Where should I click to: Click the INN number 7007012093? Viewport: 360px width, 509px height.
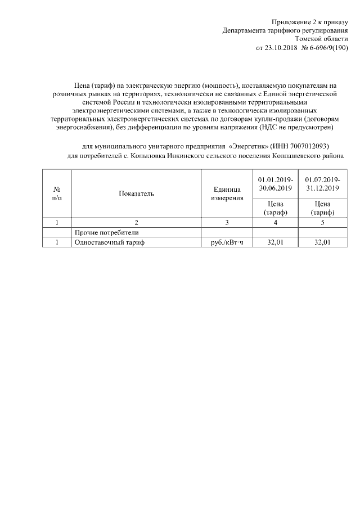[304, 145]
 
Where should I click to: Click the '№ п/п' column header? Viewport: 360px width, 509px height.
[57, 193]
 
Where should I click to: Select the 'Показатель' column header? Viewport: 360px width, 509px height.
[136, 193]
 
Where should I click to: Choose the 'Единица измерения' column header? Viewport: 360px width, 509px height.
[227, 193]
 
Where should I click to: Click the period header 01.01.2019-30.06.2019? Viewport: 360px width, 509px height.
[275, 183]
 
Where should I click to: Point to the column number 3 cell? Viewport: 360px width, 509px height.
[227, 222]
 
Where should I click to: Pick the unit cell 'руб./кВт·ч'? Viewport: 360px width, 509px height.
[227, 242]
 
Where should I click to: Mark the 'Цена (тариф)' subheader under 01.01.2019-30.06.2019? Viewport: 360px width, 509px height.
[275, 208]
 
